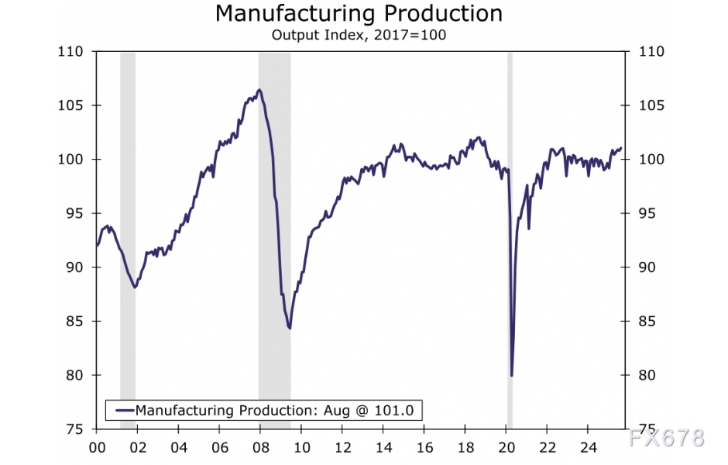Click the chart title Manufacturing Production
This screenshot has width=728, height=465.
click(x=359, y=14)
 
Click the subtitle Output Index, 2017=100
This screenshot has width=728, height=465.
click(x=359, y=35)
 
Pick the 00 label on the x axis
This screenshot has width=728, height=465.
click(x=97, y=447)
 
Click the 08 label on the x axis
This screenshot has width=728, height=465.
click(x=260, y=447)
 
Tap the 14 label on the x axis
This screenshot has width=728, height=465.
click(x=383, y=447)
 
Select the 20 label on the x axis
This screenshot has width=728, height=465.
click(x=506, y=447)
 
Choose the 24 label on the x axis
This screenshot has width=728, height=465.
click(x=588, y=447)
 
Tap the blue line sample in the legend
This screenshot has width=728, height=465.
click(x=122, y=410)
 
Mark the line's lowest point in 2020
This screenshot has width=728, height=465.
click(x=512, y=376)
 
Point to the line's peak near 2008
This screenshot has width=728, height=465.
click(x=259, y=90)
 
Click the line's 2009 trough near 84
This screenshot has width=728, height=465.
click(x=290, y=329)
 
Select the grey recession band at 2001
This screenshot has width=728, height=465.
click(x=128, y=232)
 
